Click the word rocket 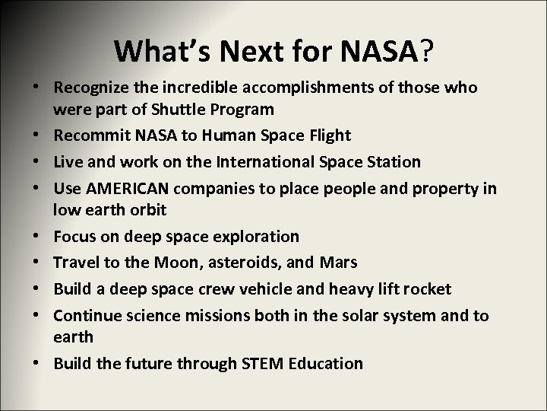click(424, 288)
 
